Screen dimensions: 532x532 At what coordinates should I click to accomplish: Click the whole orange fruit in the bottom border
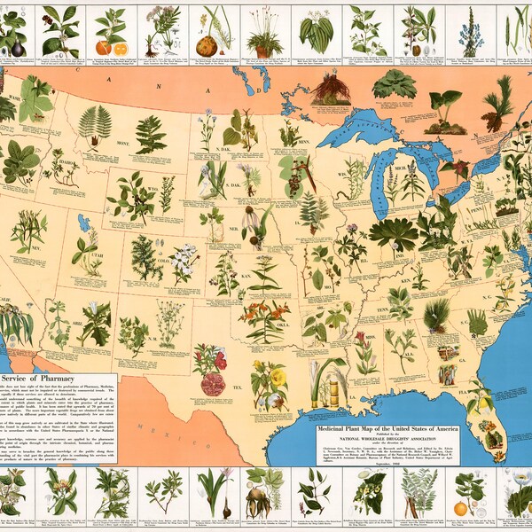[x=461, y=509]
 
